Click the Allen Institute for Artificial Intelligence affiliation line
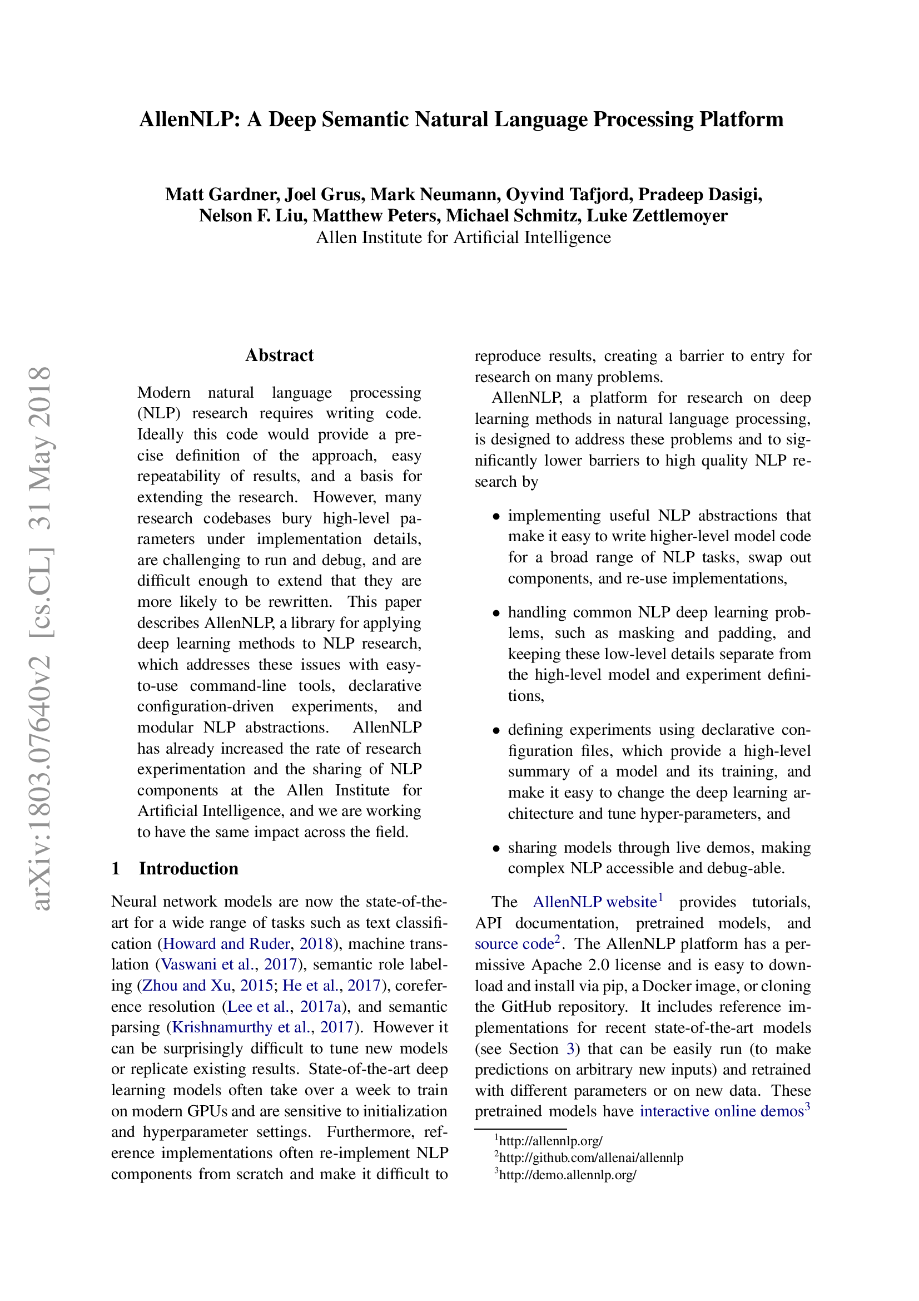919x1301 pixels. (463, 238)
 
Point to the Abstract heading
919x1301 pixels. (279, 355)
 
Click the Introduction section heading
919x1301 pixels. (188, 869)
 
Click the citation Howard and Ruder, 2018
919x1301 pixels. (247, 943)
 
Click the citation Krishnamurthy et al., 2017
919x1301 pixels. (264, 1027)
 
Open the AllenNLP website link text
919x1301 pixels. (594, 902)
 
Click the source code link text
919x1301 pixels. (514, 944)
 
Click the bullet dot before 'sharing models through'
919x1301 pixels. (496, 848)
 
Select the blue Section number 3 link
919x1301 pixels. (570, 1049)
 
